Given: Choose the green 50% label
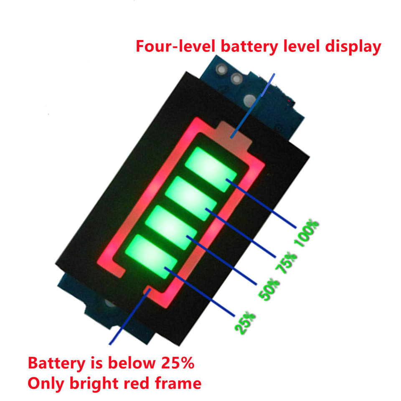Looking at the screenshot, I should (269, 289).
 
